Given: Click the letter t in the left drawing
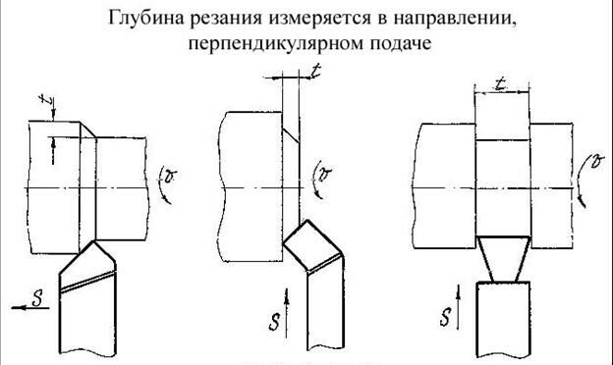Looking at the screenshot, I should tap(43, 98).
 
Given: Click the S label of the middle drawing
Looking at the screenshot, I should tap(276, 319).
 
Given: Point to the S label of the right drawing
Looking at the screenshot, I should tap(447, 316).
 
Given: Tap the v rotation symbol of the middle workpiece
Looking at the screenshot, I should tap(320, 176).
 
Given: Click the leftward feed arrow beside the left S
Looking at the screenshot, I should tap(24, 307).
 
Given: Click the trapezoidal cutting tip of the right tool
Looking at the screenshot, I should tap(502, 260).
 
